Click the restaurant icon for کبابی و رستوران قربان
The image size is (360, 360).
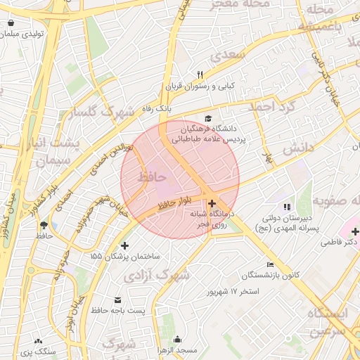[x=200, y=75]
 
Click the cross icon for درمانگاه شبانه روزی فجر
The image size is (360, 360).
[x=212, y=202]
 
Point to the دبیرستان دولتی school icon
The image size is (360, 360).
[x=286, y=207]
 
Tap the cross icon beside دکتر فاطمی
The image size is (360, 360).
[x=355, y=231]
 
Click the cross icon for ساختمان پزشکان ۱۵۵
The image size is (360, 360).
[x=125, y=246]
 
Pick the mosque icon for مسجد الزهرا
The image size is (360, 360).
[x=177, y=340]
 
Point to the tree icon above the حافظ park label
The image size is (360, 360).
[x=44, y=225]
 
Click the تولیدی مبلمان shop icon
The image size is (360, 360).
[x=11, y=23]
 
